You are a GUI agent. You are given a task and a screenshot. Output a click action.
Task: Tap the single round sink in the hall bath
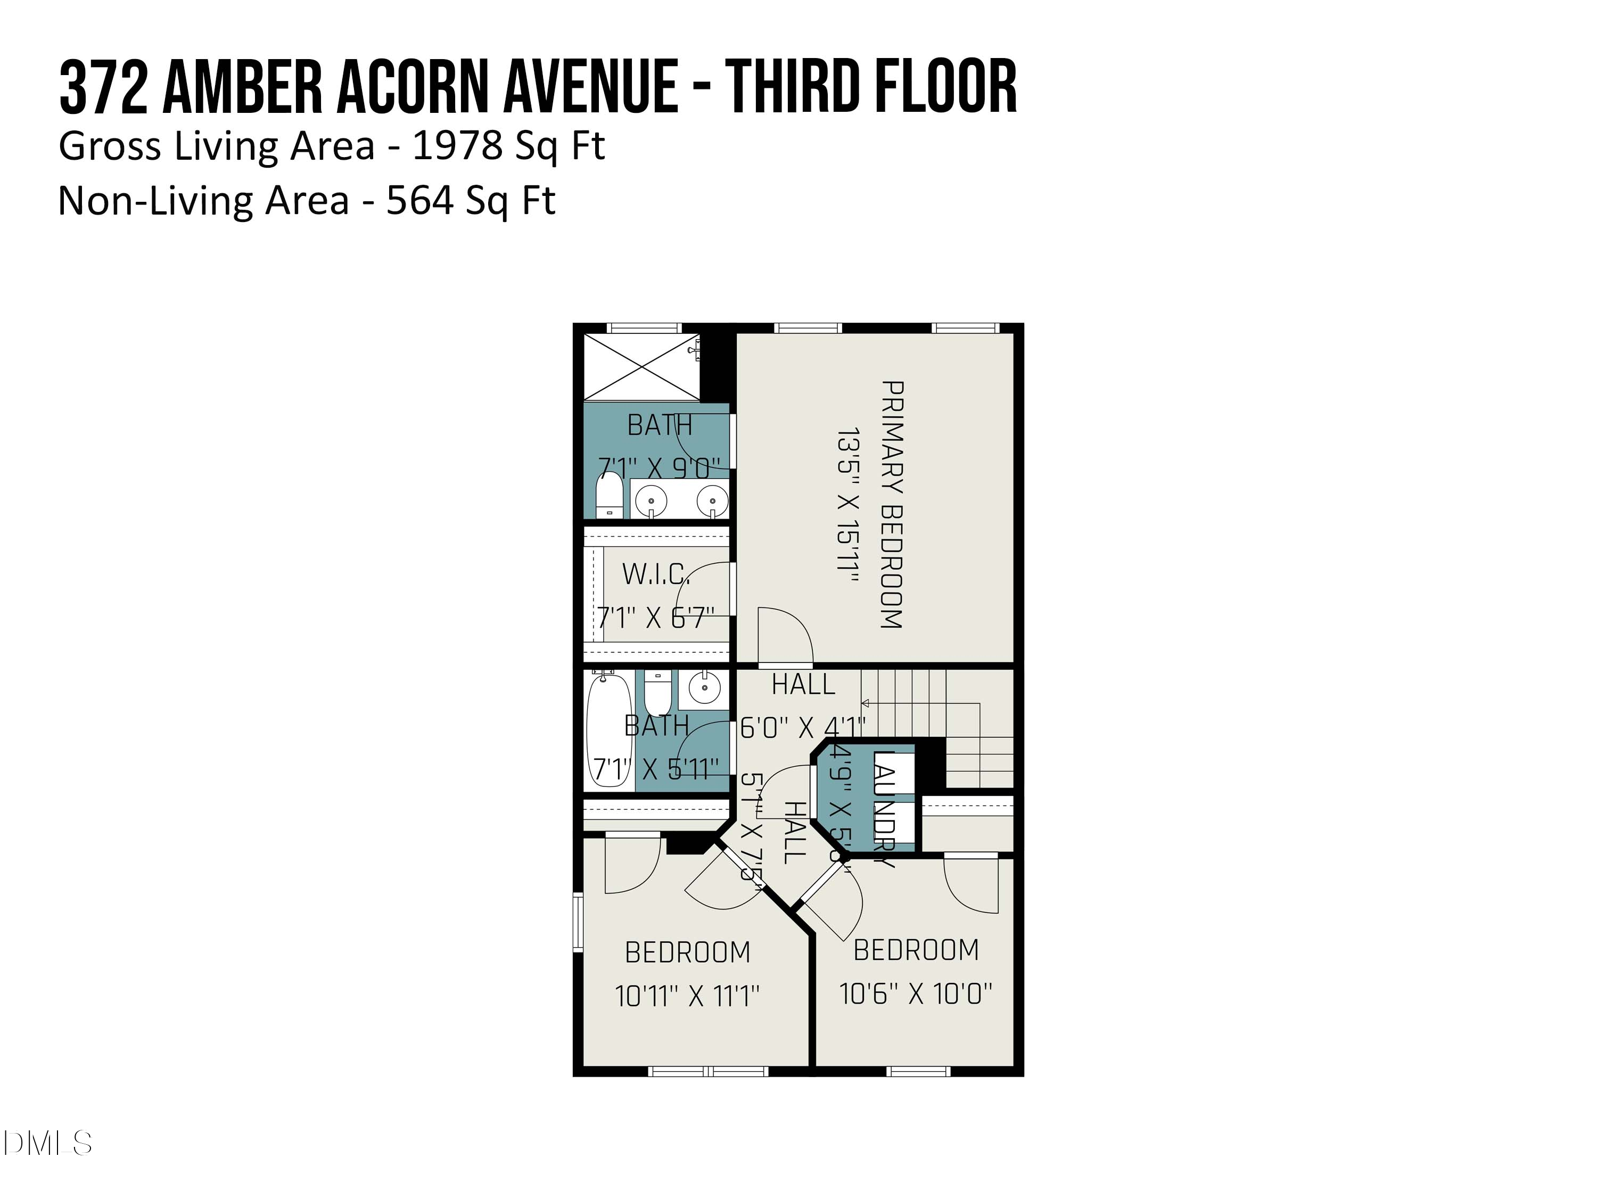tap(703, 687)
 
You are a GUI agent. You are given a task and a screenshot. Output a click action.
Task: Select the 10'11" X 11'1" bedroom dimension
tap(687, 997)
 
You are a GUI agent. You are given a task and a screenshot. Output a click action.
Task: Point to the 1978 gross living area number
tap(457, 146)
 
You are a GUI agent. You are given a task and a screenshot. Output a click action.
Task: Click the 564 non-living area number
tap(419, 201)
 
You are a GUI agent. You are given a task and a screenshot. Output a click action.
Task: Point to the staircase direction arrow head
tap(865, 703)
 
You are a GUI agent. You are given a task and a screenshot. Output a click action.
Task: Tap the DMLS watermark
tap(47, 1143)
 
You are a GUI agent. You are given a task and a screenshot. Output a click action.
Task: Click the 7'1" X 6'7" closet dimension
tap(655, 618)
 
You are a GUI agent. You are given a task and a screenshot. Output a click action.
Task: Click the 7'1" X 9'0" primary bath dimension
tap(659, 468)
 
